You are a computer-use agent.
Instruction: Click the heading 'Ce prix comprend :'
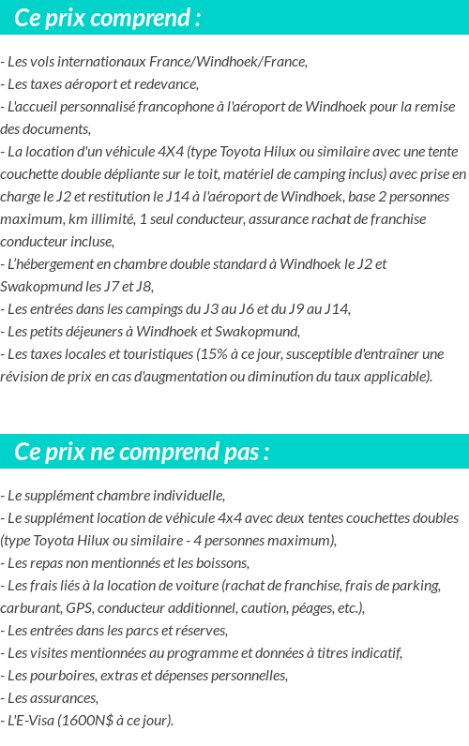pyautogui.click(x=108, y=18)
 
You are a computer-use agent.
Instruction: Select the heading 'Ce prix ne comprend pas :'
pyautogui.click(x=143, y=452)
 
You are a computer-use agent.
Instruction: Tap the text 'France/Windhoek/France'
pyautogui.click(x=234, y=62)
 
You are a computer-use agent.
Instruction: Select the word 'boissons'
pyautogui.click(x=222, y=563)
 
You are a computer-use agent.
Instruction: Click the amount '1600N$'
pyautogui.click(x=81, y=721)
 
